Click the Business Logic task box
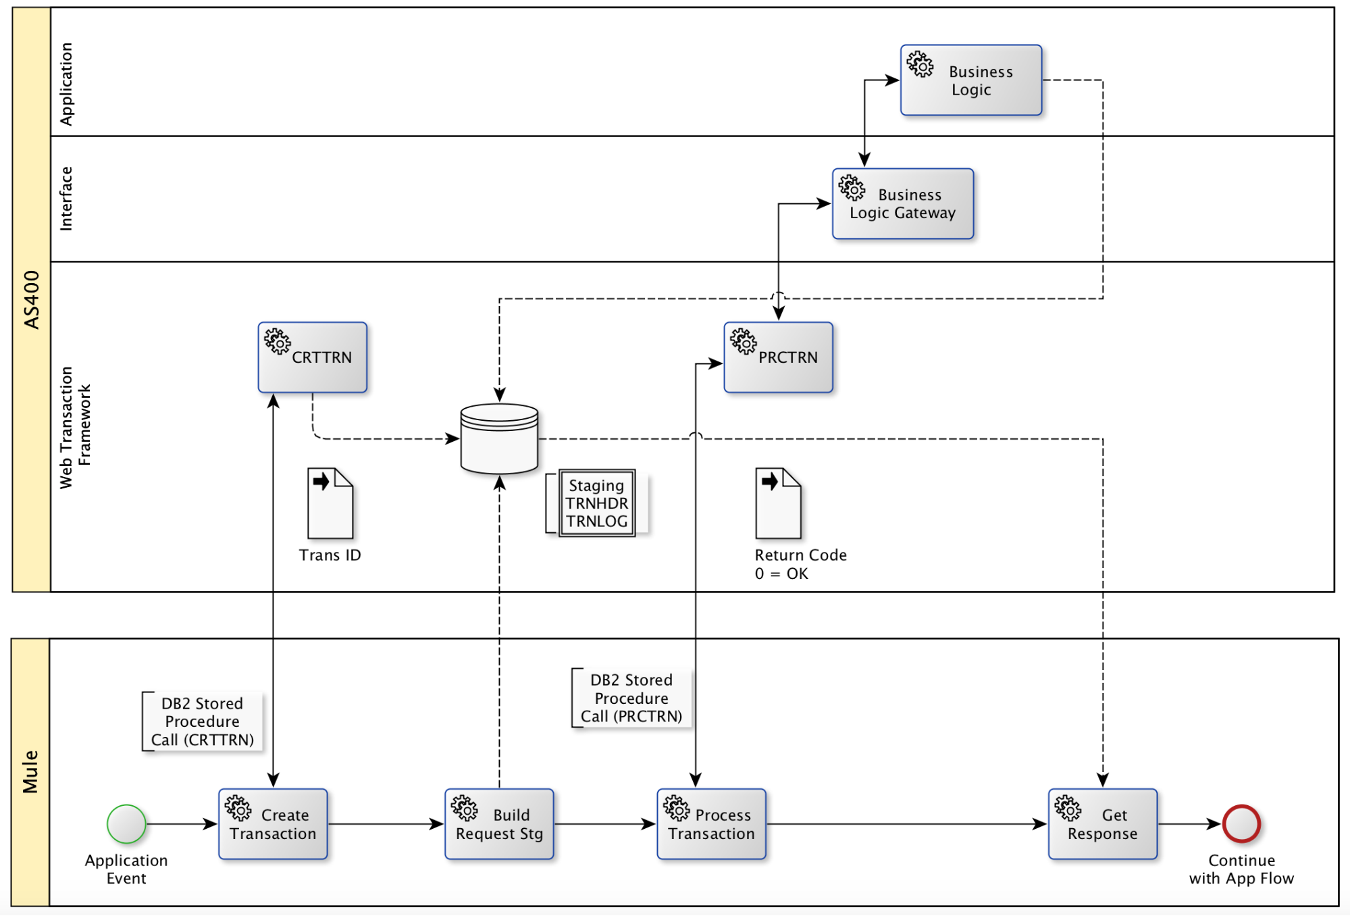click(x=971, y=80)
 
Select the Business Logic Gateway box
click(x=903, y=204)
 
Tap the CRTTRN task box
click(x=313, y=357)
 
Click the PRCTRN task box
click(x=778, y=357)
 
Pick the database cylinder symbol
click(x=499, y=438)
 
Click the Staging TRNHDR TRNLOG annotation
click(x=597, y=503)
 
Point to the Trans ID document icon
click(x=330, y=503)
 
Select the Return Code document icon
click(x=778, y=503)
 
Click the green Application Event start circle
click(x=126, y=824)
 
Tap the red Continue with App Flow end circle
click(x=1241, y=824)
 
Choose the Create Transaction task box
click(x=273, y=824)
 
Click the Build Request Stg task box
click(x=499, y=824)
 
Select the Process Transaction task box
click(x=711, y=824)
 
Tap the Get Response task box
click(x=1102, y=824)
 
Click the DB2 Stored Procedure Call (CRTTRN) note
click(x=202, y=721)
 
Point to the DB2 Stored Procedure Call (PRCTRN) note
click(x=631, y=698)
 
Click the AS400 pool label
click(x=32, y=300)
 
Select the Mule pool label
click(x=30, y=771)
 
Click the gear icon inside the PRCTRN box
click(x=744, y=342)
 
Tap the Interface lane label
click(x=66, y=199)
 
